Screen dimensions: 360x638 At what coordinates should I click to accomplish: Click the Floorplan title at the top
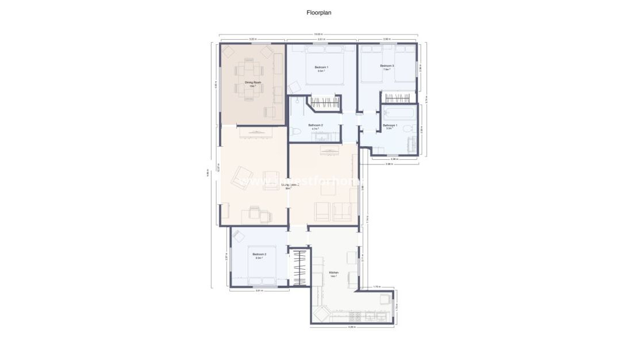click(x=319, y=12)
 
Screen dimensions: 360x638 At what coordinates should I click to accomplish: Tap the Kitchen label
click(x=333, y=274)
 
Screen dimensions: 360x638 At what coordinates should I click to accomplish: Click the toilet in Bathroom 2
click(x=296, y=132)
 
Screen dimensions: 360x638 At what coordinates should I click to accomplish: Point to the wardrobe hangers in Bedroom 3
click(x=397, y=97)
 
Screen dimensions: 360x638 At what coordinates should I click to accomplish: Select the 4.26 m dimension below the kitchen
click(x=351, y=327)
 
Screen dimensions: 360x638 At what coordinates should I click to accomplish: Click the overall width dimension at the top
click(x=318, y=34)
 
